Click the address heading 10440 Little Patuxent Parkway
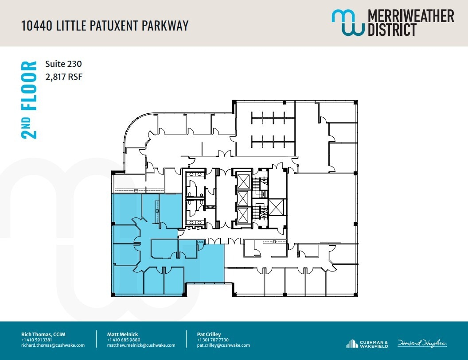pos(105,25)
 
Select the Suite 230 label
pos(63,64)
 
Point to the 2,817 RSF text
pos(64,77)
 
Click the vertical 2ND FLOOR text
pos(30,100)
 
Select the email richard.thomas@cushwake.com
pos(53,345)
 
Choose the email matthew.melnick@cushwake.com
pos(141,345)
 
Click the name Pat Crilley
pos(209,334)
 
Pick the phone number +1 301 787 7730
pos(213,340)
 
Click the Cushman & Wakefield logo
pos(368,344)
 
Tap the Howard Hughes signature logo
pos(421,343)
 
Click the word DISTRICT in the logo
pos(392,30)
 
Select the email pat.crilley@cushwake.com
pos(223,345)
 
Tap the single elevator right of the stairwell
pos(277,207)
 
